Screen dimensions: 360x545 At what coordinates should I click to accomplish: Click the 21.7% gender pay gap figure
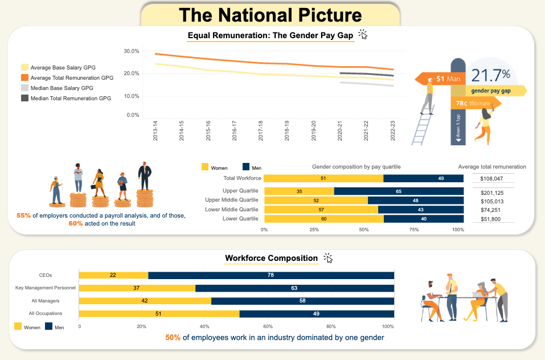[x=490, y=75]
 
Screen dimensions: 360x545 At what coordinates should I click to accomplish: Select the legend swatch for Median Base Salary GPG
[x=24, y=88]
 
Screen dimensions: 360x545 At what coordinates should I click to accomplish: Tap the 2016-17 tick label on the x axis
[x=234, y=130]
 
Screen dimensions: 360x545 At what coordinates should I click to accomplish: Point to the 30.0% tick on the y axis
[x=132, y=51]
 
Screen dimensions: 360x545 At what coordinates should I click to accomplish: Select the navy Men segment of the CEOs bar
[x=271, y=275]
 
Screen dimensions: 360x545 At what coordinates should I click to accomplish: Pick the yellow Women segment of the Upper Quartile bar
[x=299, y=191]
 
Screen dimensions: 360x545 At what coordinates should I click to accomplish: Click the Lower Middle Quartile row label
[x=232, y=209]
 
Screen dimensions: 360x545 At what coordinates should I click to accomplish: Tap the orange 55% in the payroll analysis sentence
[x=23, y=216]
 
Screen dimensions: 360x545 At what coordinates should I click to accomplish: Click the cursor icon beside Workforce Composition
[x=328, y=258]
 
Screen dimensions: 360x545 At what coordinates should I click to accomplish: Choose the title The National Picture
[x=270, y=15]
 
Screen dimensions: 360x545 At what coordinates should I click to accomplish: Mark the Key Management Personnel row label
[x=45, y=288]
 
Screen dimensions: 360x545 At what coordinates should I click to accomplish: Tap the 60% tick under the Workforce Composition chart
[x=268, y=326]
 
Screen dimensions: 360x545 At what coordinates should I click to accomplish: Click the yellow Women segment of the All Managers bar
[x=145, y=301]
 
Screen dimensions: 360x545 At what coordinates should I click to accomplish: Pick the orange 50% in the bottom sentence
[x=173, y=338]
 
